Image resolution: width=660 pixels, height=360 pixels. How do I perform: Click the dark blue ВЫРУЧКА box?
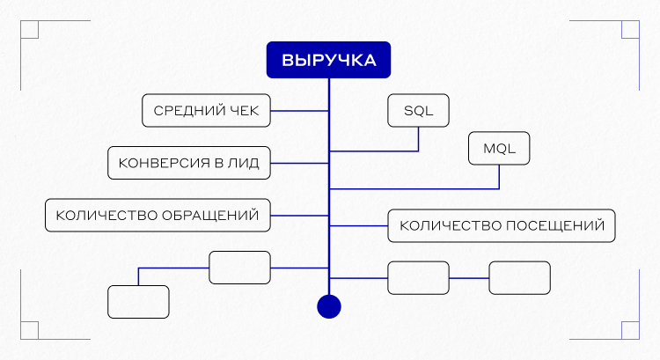[329, 61]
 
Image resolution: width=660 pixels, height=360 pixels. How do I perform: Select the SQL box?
[418, 111]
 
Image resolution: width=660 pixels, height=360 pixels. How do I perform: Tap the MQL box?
[499, 148]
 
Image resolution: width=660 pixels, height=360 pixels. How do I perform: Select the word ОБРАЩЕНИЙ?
[213, 215]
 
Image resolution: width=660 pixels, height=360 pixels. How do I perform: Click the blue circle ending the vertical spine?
[328, 305]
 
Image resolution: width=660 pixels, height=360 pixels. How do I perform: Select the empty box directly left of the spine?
[239, 268]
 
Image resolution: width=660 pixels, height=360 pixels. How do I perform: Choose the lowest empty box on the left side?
[138, 302]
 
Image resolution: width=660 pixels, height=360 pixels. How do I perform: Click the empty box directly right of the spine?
[418, 278]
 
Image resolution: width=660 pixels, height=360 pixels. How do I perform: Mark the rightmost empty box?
[519, 278]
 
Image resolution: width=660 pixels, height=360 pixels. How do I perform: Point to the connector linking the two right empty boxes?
[468, 278]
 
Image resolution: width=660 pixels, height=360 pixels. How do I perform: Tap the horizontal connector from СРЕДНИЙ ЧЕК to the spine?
[299, 111]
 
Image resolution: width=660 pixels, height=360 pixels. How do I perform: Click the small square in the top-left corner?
[29, 29]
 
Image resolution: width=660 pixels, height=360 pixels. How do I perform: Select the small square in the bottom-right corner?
[630, 330]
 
